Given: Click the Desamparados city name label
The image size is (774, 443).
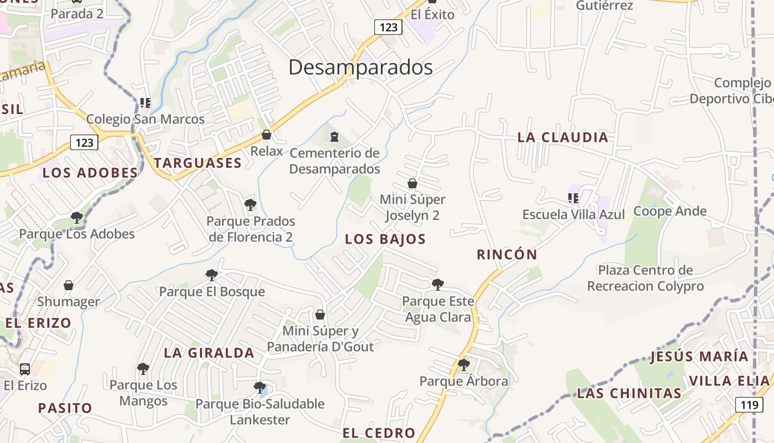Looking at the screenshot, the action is [x=360, y=68].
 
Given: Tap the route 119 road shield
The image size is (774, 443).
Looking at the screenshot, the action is [x=749, y=405].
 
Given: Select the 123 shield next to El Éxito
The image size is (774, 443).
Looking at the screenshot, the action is [x=388, y=27].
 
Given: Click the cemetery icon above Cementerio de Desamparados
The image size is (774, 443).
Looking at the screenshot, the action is [x=334, y=136].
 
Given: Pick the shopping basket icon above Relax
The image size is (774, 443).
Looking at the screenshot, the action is [x=266, y=135].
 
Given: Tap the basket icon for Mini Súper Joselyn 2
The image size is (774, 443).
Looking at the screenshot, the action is [x=412, y=183].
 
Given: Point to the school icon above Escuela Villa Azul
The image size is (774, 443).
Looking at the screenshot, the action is [x=573, y=198].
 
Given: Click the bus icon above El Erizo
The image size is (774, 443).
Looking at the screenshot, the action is [x=25, y=369].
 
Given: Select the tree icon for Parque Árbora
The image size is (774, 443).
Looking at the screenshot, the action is [x=463, y=365].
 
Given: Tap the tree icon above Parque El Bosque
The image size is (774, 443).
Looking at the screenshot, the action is [x=211, y=275].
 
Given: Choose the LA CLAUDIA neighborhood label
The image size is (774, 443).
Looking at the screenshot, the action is [x=562, y=137].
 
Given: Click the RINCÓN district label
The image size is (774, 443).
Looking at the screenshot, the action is [x=507, y=255].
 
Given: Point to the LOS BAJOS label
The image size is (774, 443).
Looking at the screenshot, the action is [x=385, y=239].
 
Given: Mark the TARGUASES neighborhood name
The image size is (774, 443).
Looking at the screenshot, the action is [x=197, y=163].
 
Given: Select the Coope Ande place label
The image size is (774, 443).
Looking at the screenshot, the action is [x=670, y=211].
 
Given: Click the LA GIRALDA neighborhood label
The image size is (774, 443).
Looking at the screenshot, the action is [x=209, y=353].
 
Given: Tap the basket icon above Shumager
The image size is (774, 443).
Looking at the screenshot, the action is [x=69, y=285].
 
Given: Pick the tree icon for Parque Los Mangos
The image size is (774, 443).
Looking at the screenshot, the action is [x=143, y=368].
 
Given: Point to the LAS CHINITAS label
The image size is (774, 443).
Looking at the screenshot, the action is [x=629, y=393].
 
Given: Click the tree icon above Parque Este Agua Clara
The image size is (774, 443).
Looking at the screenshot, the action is [x=437, y=285].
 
